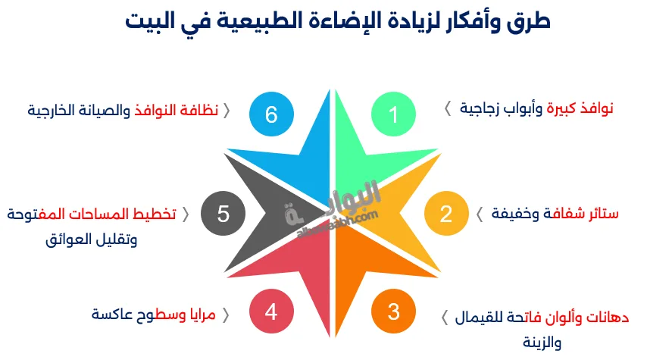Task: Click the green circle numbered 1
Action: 393,114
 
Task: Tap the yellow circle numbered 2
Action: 445,214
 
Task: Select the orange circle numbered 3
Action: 393,311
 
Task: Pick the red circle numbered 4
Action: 271,311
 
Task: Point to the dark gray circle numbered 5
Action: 223,214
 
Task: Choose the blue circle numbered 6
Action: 271,114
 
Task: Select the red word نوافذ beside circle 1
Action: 595,109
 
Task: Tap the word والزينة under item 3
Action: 542,342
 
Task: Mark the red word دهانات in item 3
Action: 609,316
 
